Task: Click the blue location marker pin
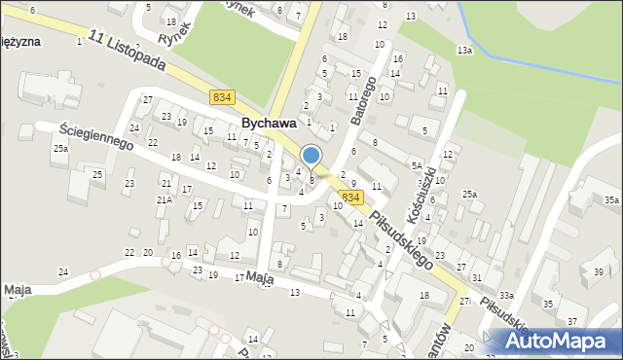[311, 156]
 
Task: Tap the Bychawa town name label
[269, 124]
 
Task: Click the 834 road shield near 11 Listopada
[221, 96]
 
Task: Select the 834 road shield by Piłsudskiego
[351, 198]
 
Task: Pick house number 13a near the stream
[465, 50]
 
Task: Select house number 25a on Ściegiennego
[61, 148]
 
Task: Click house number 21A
[165, 199]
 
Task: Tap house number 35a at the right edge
[610, 199]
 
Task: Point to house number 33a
[506, 295]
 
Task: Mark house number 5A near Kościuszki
[416, 165]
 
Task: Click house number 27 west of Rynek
[148, 99]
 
